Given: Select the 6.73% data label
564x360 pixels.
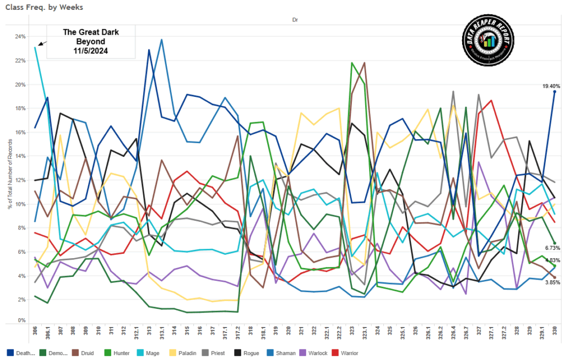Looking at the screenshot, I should pyautogui.click(x=553, y=248).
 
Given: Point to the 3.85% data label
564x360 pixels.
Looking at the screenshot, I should pyautogui.click(x=553, y=282).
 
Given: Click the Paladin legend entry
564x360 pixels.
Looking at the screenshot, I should pyautogui.click(x=160, y=352).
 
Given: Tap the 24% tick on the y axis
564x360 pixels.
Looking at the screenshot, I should pyautogui.click(x=20, y=37).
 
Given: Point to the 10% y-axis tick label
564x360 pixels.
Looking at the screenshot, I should pyautogui.click(x=20, y=204).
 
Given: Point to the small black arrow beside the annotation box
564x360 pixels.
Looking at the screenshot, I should pyautogui.click(x=42, y=43).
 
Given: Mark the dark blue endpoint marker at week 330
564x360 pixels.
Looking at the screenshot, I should pyautogui.click(x=555, y=92).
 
